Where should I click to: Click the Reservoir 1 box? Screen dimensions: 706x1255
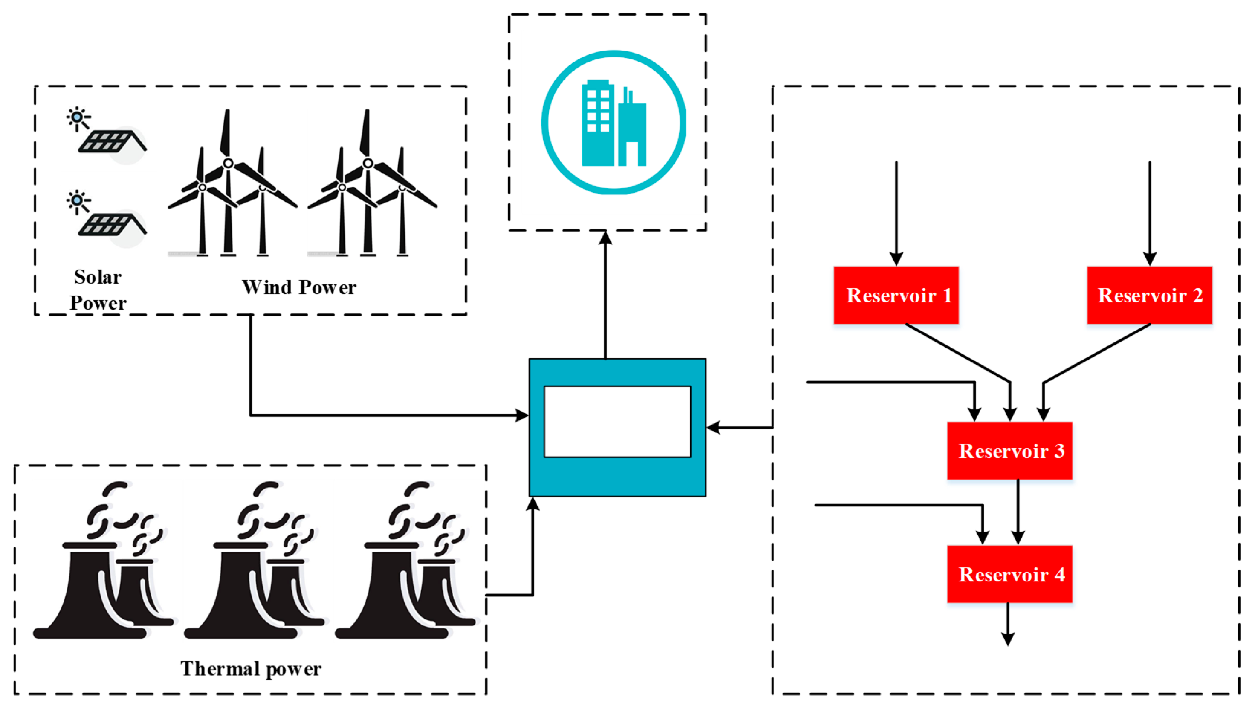coord(896,295)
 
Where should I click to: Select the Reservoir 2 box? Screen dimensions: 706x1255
coord(1149,295)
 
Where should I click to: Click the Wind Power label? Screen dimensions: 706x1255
coord(299,287)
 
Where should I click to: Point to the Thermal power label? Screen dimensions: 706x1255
coord(250,668)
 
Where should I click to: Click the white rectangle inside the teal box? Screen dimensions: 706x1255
coord(617,422)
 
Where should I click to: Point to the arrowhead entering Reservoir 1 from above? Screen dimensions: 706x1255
coord(896,259)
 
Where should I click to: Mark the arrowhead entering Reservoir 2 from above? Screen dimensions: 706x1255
coord(1149,259)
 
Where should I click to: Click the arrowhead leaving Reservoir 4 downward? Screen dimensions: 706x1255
coord(1007,639)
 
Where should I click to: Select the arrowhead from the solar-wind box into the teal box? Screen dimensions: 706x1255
coord(522,415)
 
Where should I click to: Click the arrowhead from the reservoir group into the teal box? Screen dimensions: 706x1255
coord(713,427)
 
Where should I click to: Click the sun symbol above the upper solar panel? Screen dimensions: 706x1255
coord(77,117)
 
